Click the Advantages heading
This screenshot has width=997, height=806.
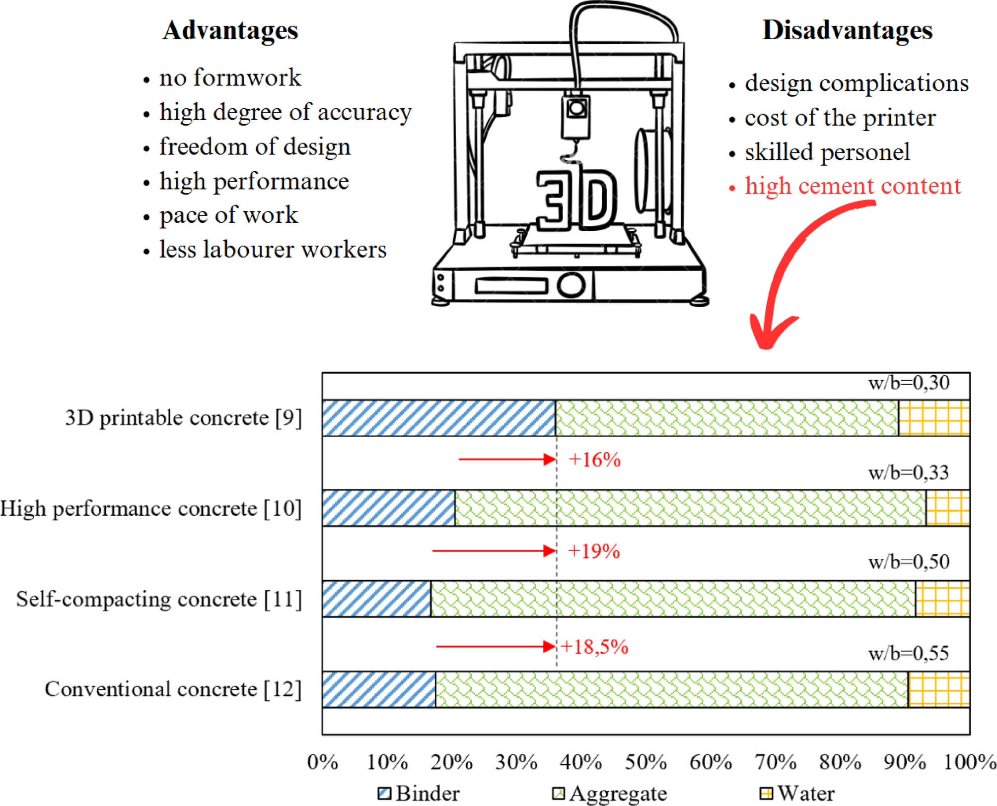point(230,31)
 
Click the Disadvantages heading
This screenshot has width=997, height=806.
point(847,31)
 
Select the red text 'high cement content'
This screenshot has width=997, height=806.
point(853,186)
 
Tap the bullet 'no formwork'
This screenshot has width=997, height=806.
point(230,78)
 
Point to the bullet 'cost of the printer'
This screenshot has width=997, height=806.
point(840,118)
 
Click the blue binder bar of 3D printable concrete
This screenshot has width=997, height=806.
point(438,418)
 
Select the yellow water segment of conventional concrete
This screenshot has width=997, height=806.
point(938,689)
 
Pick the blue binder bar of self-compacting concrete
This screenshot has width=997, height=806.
point(376,599)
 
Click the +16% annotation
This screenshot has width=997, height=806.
point(594,460)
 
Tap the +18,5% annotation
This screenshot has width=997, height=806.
point(595,647)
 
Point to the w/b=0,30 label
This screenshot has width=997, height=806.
point(909,383)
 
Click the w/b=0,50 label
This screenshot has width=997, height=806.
point(909,562)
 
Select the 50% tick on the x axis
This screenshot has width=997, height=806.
point(645,762)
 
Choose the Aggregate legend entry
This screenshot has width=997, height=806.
point(610,793)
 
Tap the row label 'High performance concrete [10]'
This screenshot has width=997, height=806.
point(151,509)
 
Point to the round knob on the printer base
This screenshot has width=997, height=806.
point(570,285)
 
